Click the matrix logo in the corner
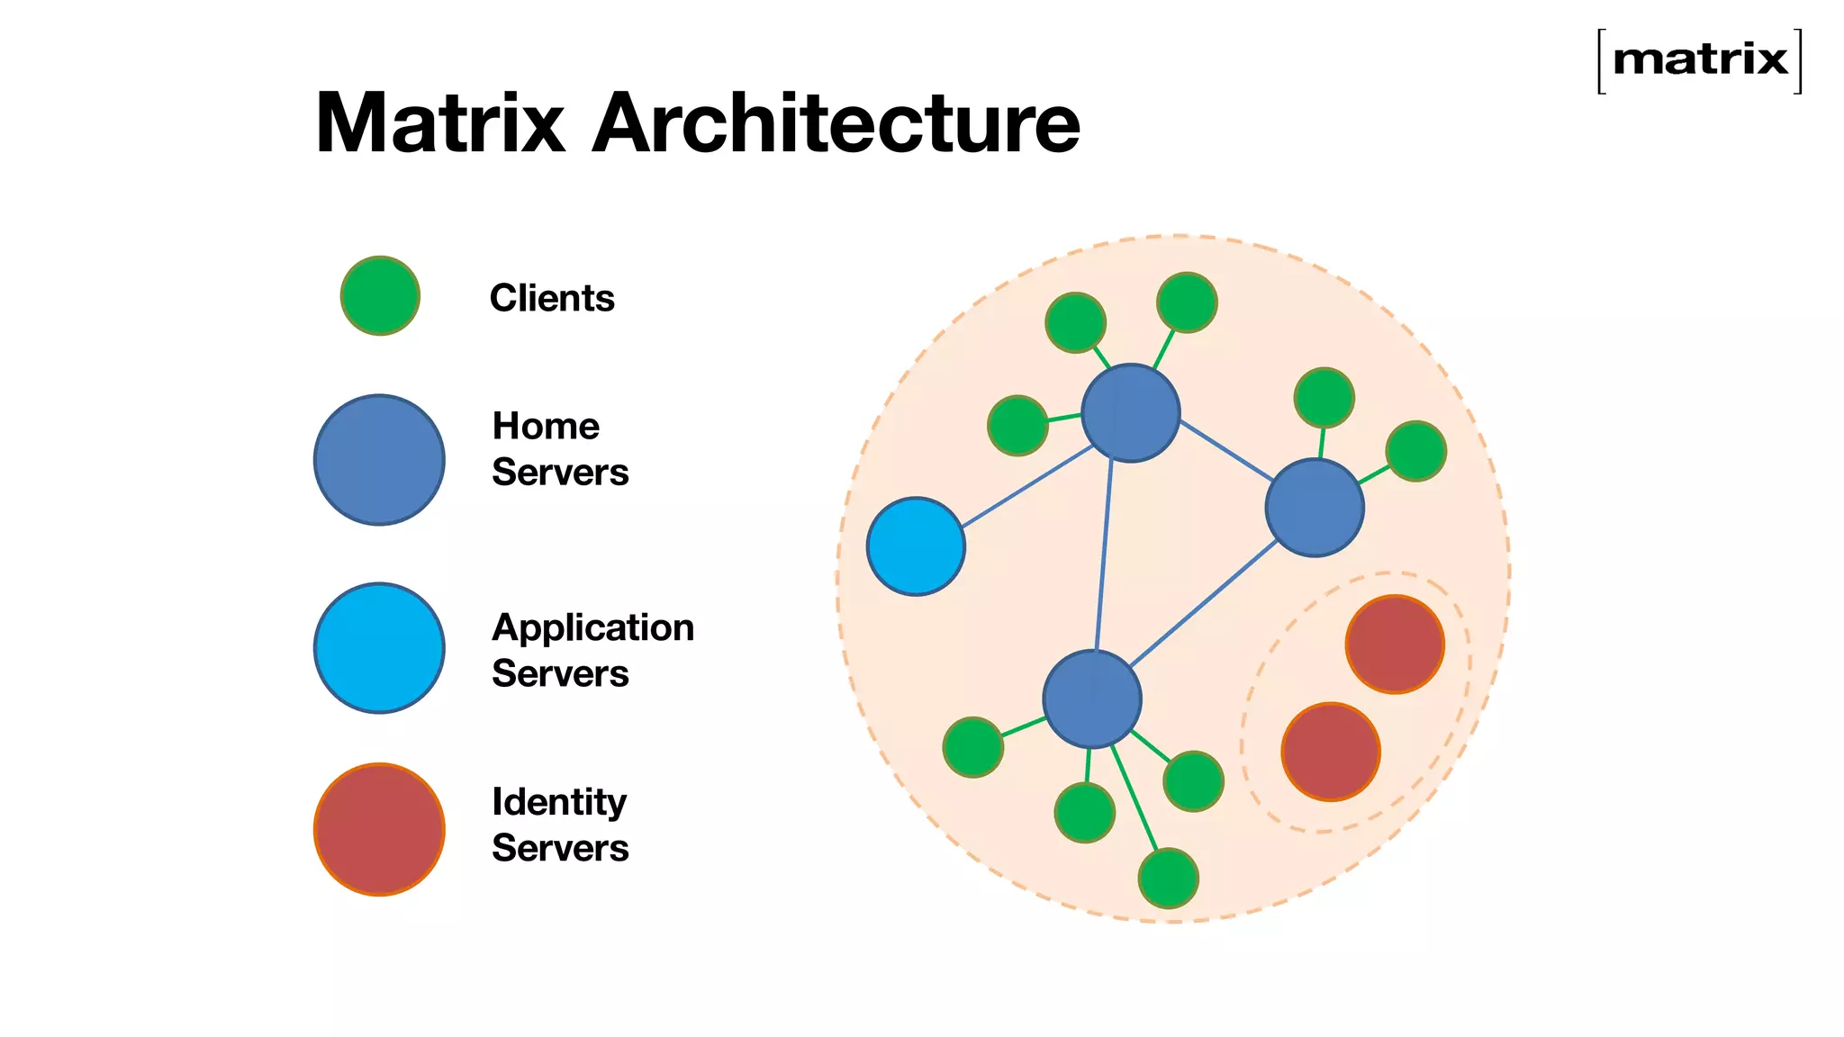[1699, 60]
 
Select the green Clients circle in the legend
[380, 296]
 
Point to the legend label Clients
[552, 298]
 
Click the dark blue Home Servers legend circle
[379, 460]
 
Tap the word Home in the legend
[546, 426]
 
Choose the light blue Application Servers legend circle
[379, 648]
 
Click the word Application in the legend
[592, 627]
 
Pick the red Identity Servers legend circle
[379, 829]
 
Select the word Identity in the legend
[559, 802]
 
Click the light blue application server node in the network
[916, 546]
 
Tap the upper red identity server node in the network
[1395, 645]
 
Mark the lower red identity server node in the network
[1331, 752]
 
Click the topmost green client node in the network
[1187, 302]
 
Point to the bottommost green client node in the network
[1168, 879]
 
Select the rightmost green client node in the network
[1415, 451]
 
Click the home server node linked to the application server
[1130, 413]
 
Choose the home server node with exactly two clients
[1315, 508]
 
